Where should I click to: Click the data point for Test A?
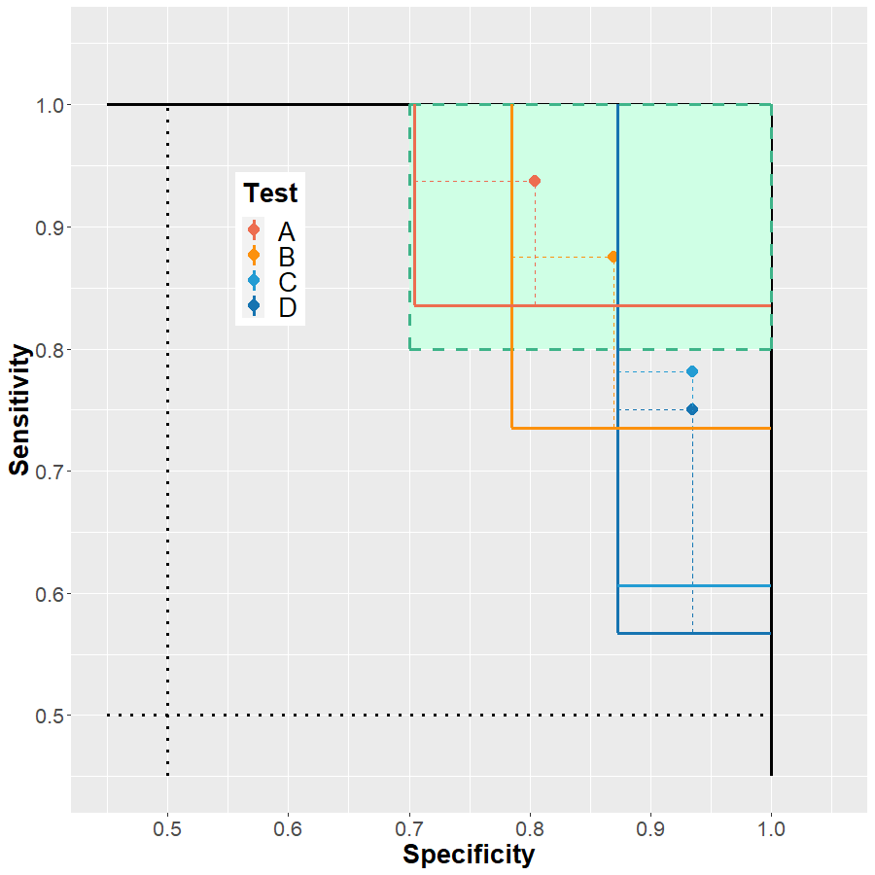click(535, 181)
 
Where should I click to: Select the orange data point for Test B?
click(612, 257)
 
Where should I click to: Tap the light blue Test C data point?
click(692, 371)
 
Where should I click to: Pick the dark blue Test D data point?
click(692, 409)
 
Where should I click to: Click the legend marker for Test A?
click(254, 230)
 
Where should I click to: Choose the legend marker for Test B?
click(254, 256)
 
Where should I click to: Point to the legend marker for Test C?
click(254, 281)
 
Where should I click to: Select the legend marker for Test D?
click(254, 306)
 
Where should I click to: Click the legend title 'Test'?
click(270, 192)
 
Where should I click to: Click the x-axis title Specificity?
click(469, 855)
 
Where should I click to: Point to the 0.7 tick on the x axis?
click(409, 830)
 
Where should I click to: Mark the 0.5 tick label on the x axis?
click(168, 830)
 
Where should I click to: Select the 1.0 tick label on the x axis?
click(771, 830)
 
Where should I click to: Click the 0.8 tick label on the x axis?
click(530, 830)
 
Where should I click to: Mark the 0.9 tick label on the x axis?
click(650, 830)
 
